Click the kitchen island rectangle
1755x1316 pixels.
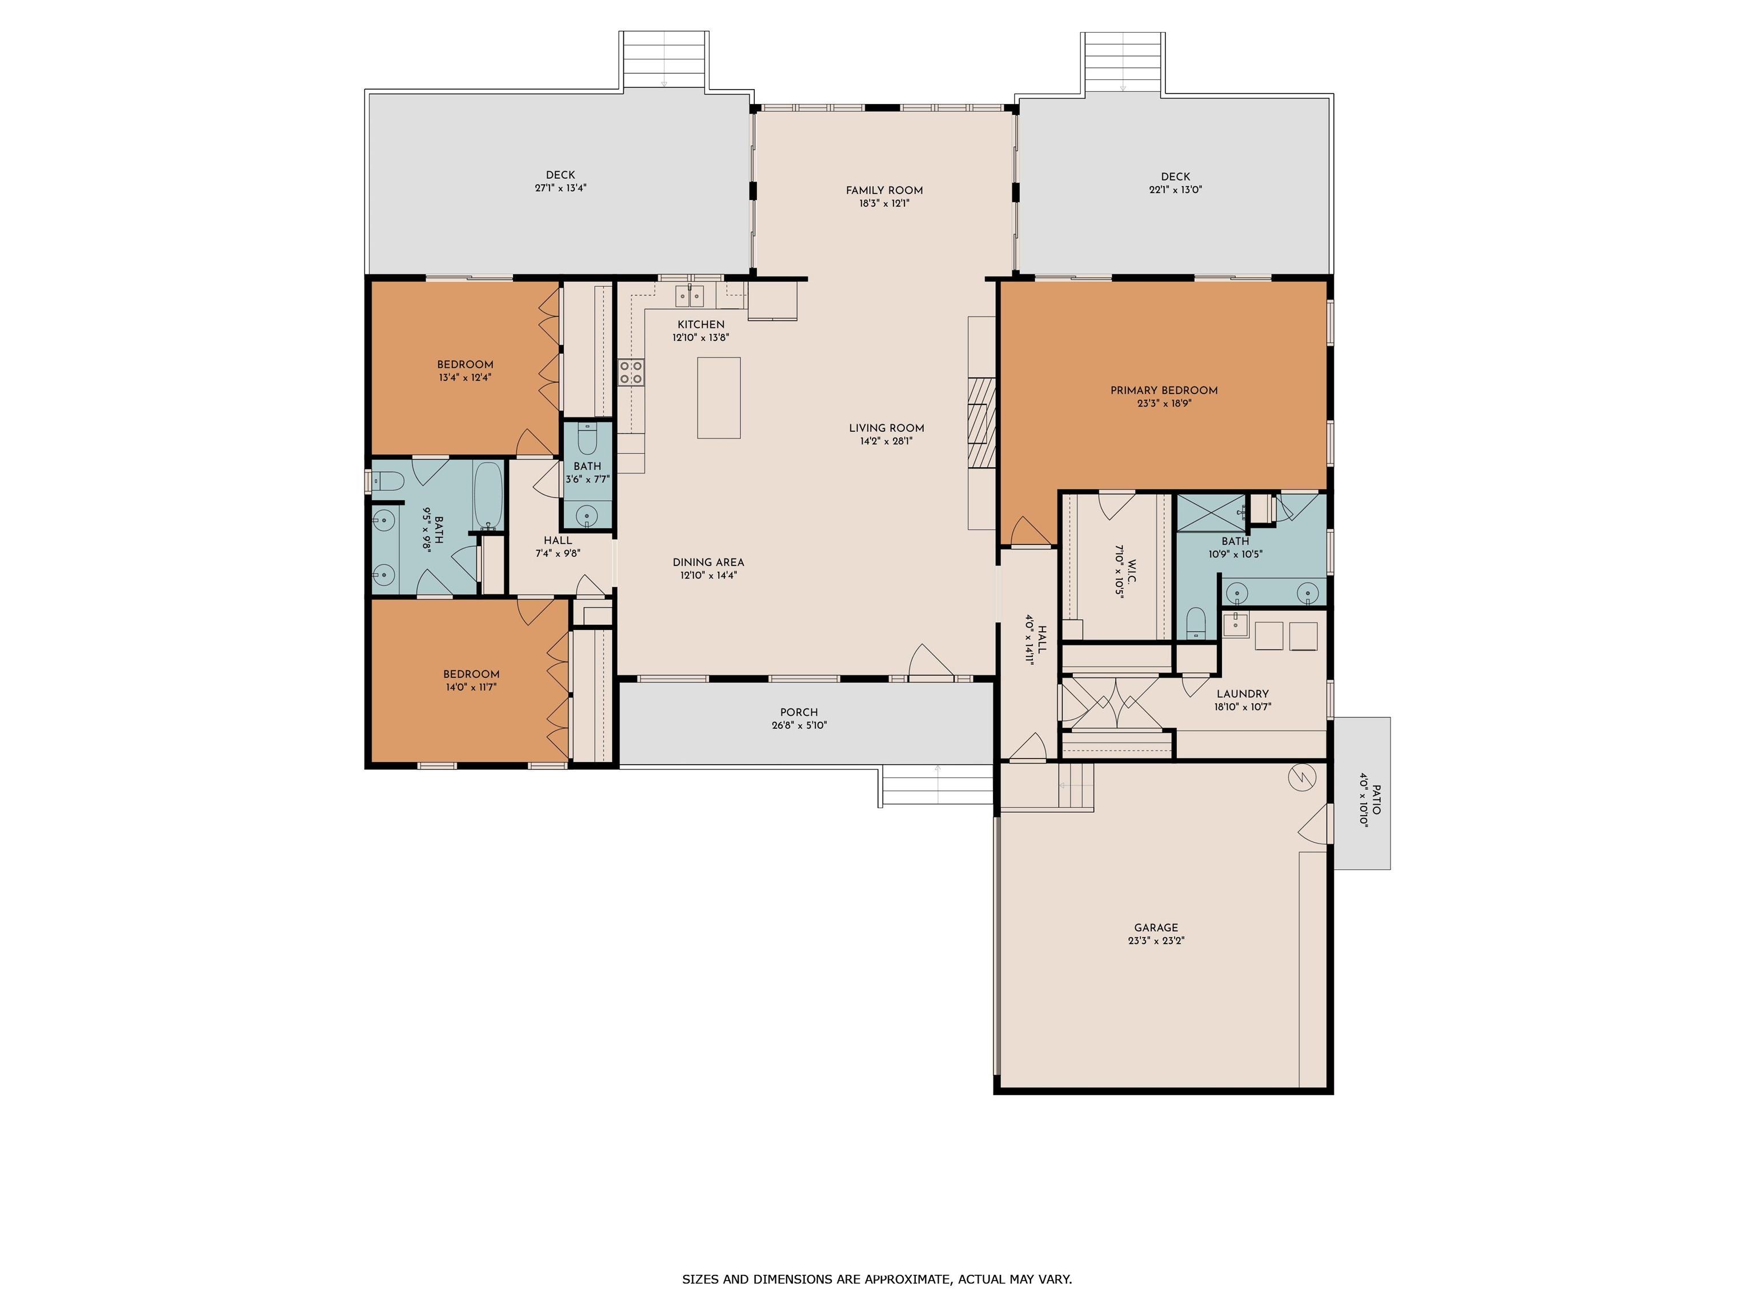coord(719,398)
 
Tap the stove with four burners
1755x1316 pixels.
coord(631,372)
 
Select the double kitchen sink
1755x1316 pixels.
coord(690,296)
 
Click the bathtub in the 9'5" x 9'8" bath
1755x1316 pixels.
coord(488,496)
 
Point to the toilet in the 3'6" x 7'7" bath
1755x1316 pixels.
coord(587,439)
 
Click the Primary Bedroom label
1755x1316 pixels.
coord(1164,390)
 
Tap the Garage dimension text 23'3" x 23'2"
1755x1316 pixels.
coord(1156,941)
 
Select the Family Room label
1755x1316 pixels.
coord(884,190)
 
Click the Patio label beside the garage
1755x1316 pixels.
coord(1377,800)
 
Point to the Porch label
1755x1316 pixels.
coord(799,712)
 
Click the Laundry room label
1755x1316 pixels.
coord(1243,694)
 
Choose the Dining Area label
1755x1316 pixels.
coord(708,563)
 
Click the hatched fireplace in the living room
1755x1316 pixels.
coord(981,422)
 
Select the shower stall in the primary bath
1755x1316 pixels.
coord(1211,512)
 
